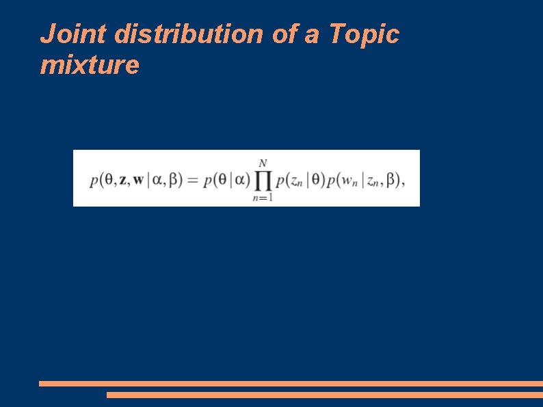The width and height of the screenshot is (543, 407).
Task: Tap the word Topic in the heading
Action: (364, 34)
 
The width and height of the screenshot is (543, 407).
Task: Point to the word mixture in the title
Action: (90, 66)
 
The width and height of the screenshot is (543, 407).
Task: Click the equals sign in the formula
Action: (192, 181)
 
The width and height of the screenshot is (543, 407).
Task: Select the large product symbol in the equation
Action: (263, 180)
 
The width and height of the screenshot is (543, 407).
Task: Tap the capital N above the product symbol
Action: (263, 163)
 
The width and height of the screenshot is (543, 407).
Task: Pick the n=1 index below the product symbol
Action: (263, 198)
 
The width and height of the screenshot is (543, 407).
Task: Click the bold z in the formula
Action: (123, 181)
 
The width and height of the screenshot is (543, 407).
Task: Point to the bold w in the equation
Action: (139, 181)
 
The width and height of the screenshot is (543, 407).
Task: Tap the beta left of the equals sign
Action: (175, 181)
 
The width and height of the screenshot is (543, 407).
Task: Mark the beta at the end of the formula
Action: (391, 181)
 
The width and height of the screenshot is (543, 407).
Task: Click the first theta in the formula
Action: (108, 181)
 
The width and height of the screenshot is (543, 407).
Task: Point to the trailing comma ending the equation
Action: (403, 185)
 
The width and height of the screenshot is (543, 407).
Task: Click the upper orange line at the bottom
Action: (291, 384)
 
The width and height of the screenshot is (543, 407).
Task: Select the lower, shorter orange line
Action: (324, 395)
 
